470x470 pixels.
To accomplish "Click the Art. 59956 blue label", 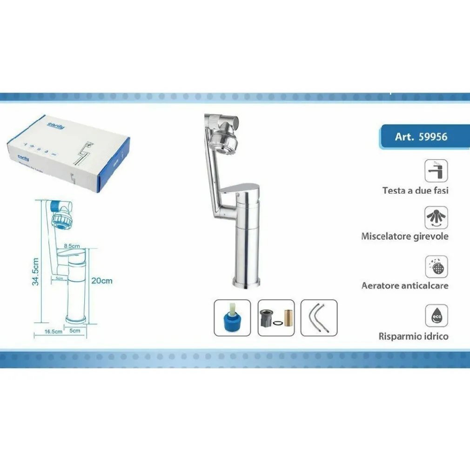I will point(421,137).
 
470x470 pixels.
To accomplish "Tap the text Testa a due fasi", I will point(415,190).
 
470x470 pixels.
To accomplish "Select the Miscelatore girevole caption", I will point(405,236).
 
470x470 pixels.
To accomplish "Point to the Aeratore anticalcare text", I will point(405,285).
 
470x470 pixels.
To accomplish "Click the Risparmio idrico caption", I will point(413,336).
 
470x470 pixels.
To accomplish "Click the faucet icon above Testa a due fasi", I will point(436,171).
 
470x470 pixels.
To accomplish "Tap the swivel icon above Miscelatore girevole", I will point(436,217).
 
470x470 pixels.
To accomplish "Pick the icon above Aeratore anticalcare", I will point(436,267).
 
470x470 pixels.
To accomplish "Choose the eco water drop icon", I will point(436,316).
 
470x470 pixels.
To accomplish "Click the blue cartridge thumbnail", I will point(232,318).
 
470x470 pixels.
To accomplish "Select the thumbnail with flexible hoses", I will point(319,318).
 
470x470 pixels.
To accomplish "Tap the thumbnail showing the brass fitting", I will point(276,318).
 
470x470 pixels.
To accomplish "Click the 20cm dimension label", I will point(101,281).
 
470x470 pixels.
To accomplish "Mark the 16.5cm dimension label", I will point(54,331).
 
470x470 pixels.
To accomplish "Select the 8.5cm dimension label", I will point(72,245).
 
